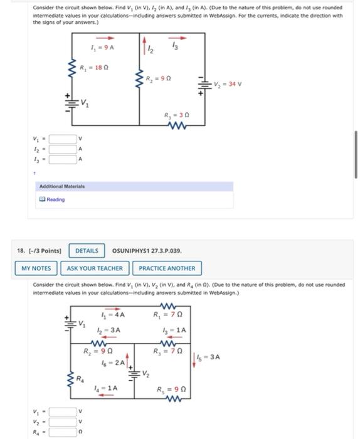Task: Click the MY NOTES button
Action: pos(36,268)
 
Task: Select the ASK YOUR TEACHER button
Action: pos(95,268)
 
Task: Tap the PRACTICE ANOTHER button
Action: pos(167,268)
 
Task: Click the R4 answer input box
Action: pos(61,432)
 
